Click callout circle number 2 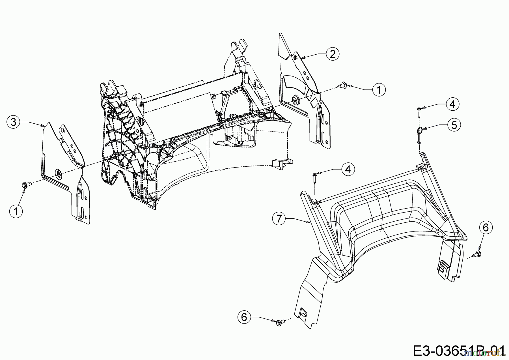click(333, 53)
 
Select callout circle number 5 click(454, 125)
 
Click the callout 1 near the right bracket click(379, 90)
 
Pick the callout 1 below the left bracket click(16, 211)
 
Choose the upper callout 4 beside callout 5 click(452, 104)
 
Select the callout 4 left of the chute click(348, 169)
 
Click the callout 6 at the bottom click(244, 317)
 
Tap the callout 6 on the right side click(486, 228)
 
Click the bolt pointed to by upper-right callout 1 click(342, 85)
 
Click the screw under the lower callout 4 click(315, 177)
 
